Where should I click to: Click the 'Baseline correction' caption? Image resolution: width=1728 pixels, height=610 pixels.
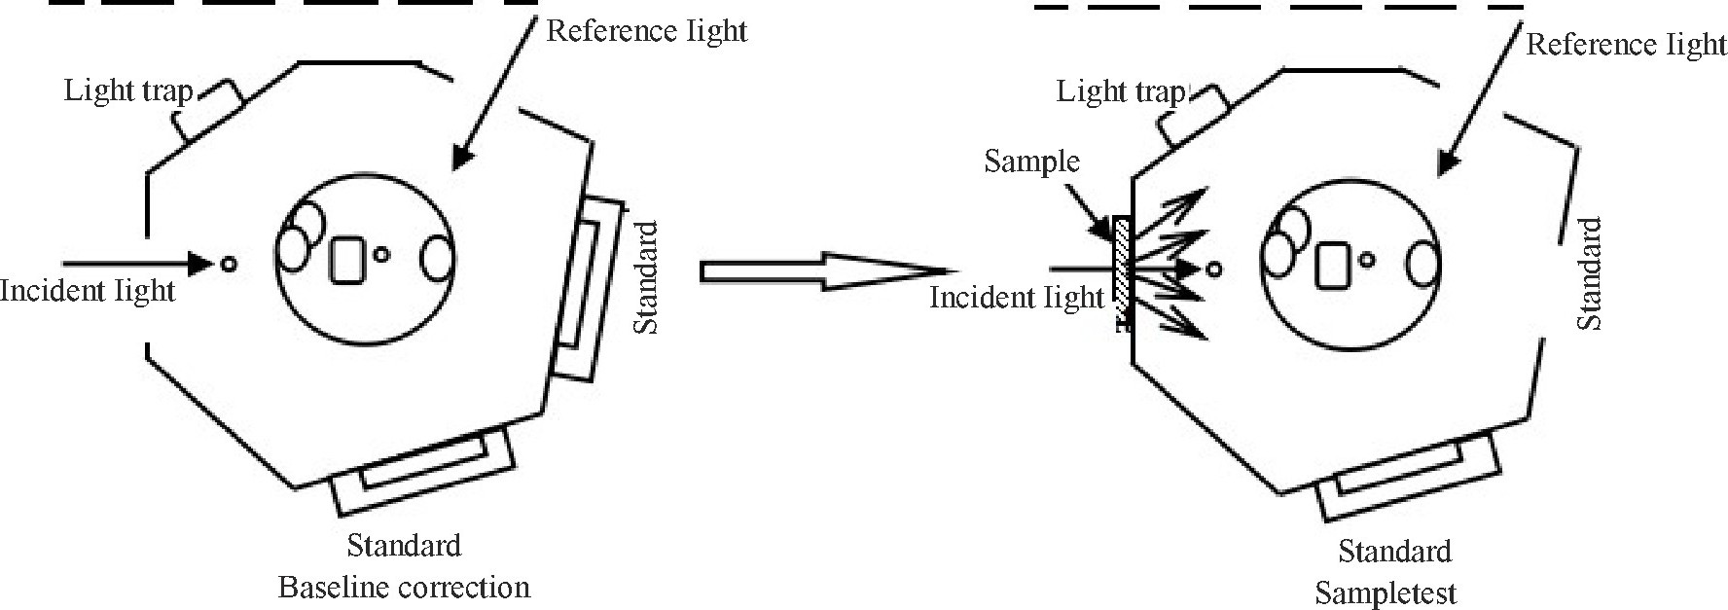(x=404, y=588)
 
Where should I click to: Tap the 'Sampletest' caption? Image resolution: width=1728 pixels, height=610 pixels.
(x=1386, y=592)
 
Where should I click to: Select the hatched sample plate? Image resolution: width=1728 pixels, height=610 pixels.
(x=1122, y=273)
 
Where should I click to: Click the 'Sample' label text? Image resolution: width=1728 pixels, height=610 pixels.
(x=1031, y=161)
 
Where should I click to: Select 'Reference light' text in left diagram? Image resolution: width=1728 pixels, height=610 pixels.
(x=646, y=30)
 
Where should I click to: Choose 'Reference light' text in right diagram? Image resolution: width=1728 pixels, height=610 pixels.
(x=1626, y=45)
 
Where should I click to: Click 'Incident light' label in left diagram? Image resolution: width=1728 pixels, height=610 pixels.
(x=88, y=290)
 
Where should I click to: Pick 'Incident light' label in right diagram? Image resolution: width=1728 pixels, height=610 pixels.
(x=1017, y=297)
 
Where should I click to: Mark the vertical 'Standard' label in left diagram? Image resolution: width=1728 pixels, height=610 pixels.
(x=646, y=278)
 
